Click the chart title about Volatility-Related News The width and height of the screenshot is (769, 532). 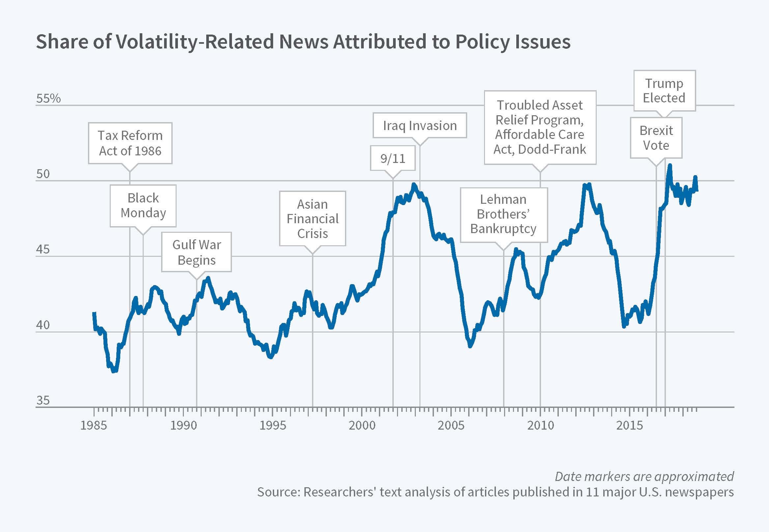coord(303,42)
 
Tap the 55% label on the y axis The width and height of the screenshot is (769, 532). coord(49,98)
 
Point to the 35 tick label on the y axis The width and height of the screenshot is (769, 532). coord(43,400)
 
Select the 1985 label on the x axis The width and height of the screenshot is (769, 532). coord(94,425)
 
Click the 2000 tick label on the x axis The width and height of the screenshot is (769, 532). coord(362,425)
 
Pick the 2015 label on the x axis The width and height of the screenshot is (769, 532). coord(629,425)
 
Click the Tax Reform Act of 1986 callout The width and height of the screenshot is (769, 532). coord(130,143)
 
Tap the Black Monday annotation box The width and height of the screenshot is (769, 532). coord(143,205)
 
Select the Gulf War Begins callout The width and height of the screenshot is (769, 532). coord(196,252)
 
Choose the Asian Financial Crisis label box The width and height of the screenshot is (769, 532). coord(313,219)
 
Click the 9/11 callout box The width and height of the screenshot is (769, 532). coord(393,158)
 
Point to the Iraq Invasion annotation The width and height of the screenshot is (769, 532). coord(420,125)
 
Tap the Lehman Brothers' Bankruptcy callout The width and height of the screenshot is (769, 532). coord(503,214)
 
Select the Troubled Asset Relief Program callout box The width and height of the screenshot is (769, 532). coord(540,127)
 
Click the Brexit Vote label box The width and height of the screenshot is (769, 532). coord(656,138)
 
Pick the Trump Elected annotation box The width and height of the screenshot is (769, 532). coord(664,91)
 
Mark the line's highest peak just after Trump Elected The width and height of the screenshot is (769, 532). coord(669,165)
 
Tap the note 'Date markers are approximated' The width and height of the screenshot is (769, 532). coord(644,477)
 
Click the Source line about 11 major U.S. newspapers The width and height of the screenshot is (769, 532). coord(496,492)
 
